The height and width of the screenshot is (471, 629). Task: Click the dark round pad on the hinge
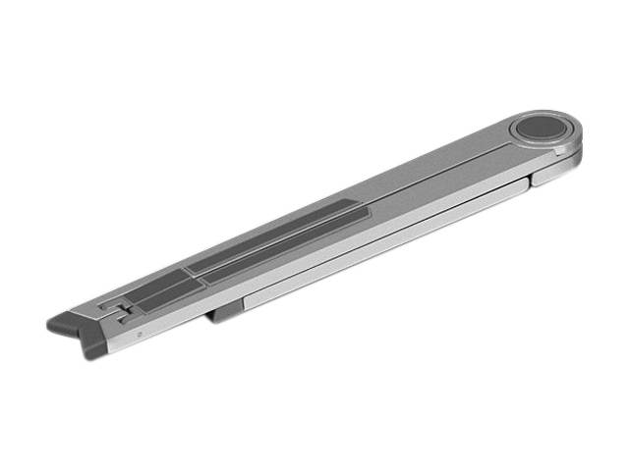[x=536, y=128]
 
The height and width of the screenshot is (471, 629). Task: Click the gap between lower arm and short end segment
[x=531, y=180]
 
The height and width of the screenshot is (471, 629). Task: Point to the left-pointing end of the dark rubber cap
[x=52, y=322]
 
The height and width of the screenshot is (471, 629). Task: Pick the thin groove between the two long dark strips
[x=275, y=249]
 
